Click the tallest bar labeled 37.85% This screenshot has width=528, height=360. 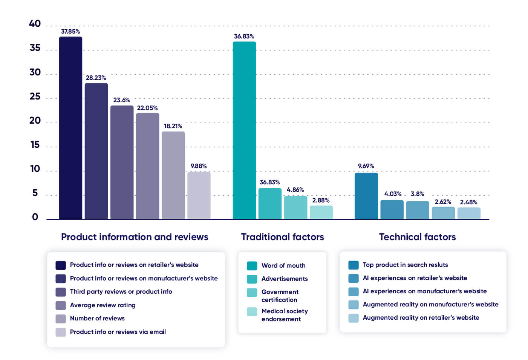[70, 128]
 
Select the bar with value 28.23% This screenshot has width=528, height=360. [96, 151]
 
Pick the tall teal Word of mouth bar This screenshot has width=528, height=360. [244, 130]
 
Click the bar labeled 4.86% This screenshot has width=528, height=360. [295, 207]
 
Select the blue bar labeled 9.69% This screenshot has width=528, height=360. [366, 196]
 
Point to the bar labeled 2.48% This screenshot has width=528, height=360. [469, 213]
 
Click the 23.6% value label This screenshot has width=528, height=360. [121, 100]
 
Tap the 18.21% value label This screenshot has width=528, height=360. [173, 126]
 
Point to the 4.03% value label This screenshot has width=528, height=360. [393, 194]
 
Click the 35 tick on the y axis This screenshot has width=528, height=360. [35, 48]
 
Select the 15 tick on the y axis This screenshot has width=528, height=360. [35, 145]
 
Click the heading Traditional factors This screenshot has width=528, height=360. [282, 237]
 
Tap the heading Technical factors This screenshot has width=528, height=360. [417, 237]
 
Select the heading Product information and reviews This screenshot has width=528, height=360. [135, 237]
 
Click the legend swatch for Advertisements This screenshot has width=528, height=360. [252, 279]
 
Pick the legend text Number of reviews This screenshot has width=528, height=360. [97, 318]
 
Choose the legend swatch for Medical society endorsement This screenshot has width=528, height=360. [252, 312]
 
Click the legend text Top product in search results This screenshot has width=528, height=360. [405, 265]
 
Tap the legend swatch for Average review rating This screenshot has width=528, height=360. [61, 305]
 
